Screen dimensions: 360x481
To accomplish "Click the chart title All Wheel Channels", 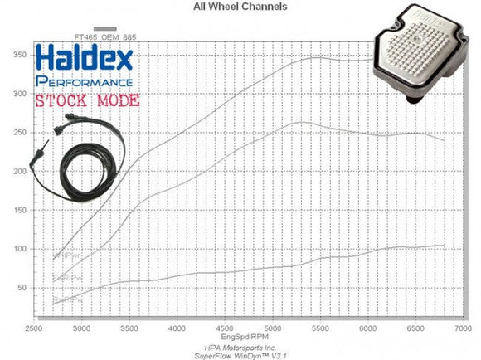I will tap(240, 7).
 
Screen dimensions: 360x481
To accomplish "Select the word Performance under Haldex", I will tap(84, 83).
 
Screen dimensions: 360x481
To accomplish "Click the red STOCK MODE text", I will tap(86, 102).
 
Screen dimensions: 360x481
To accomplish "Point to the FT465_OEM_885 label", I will tap(104, 37).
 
